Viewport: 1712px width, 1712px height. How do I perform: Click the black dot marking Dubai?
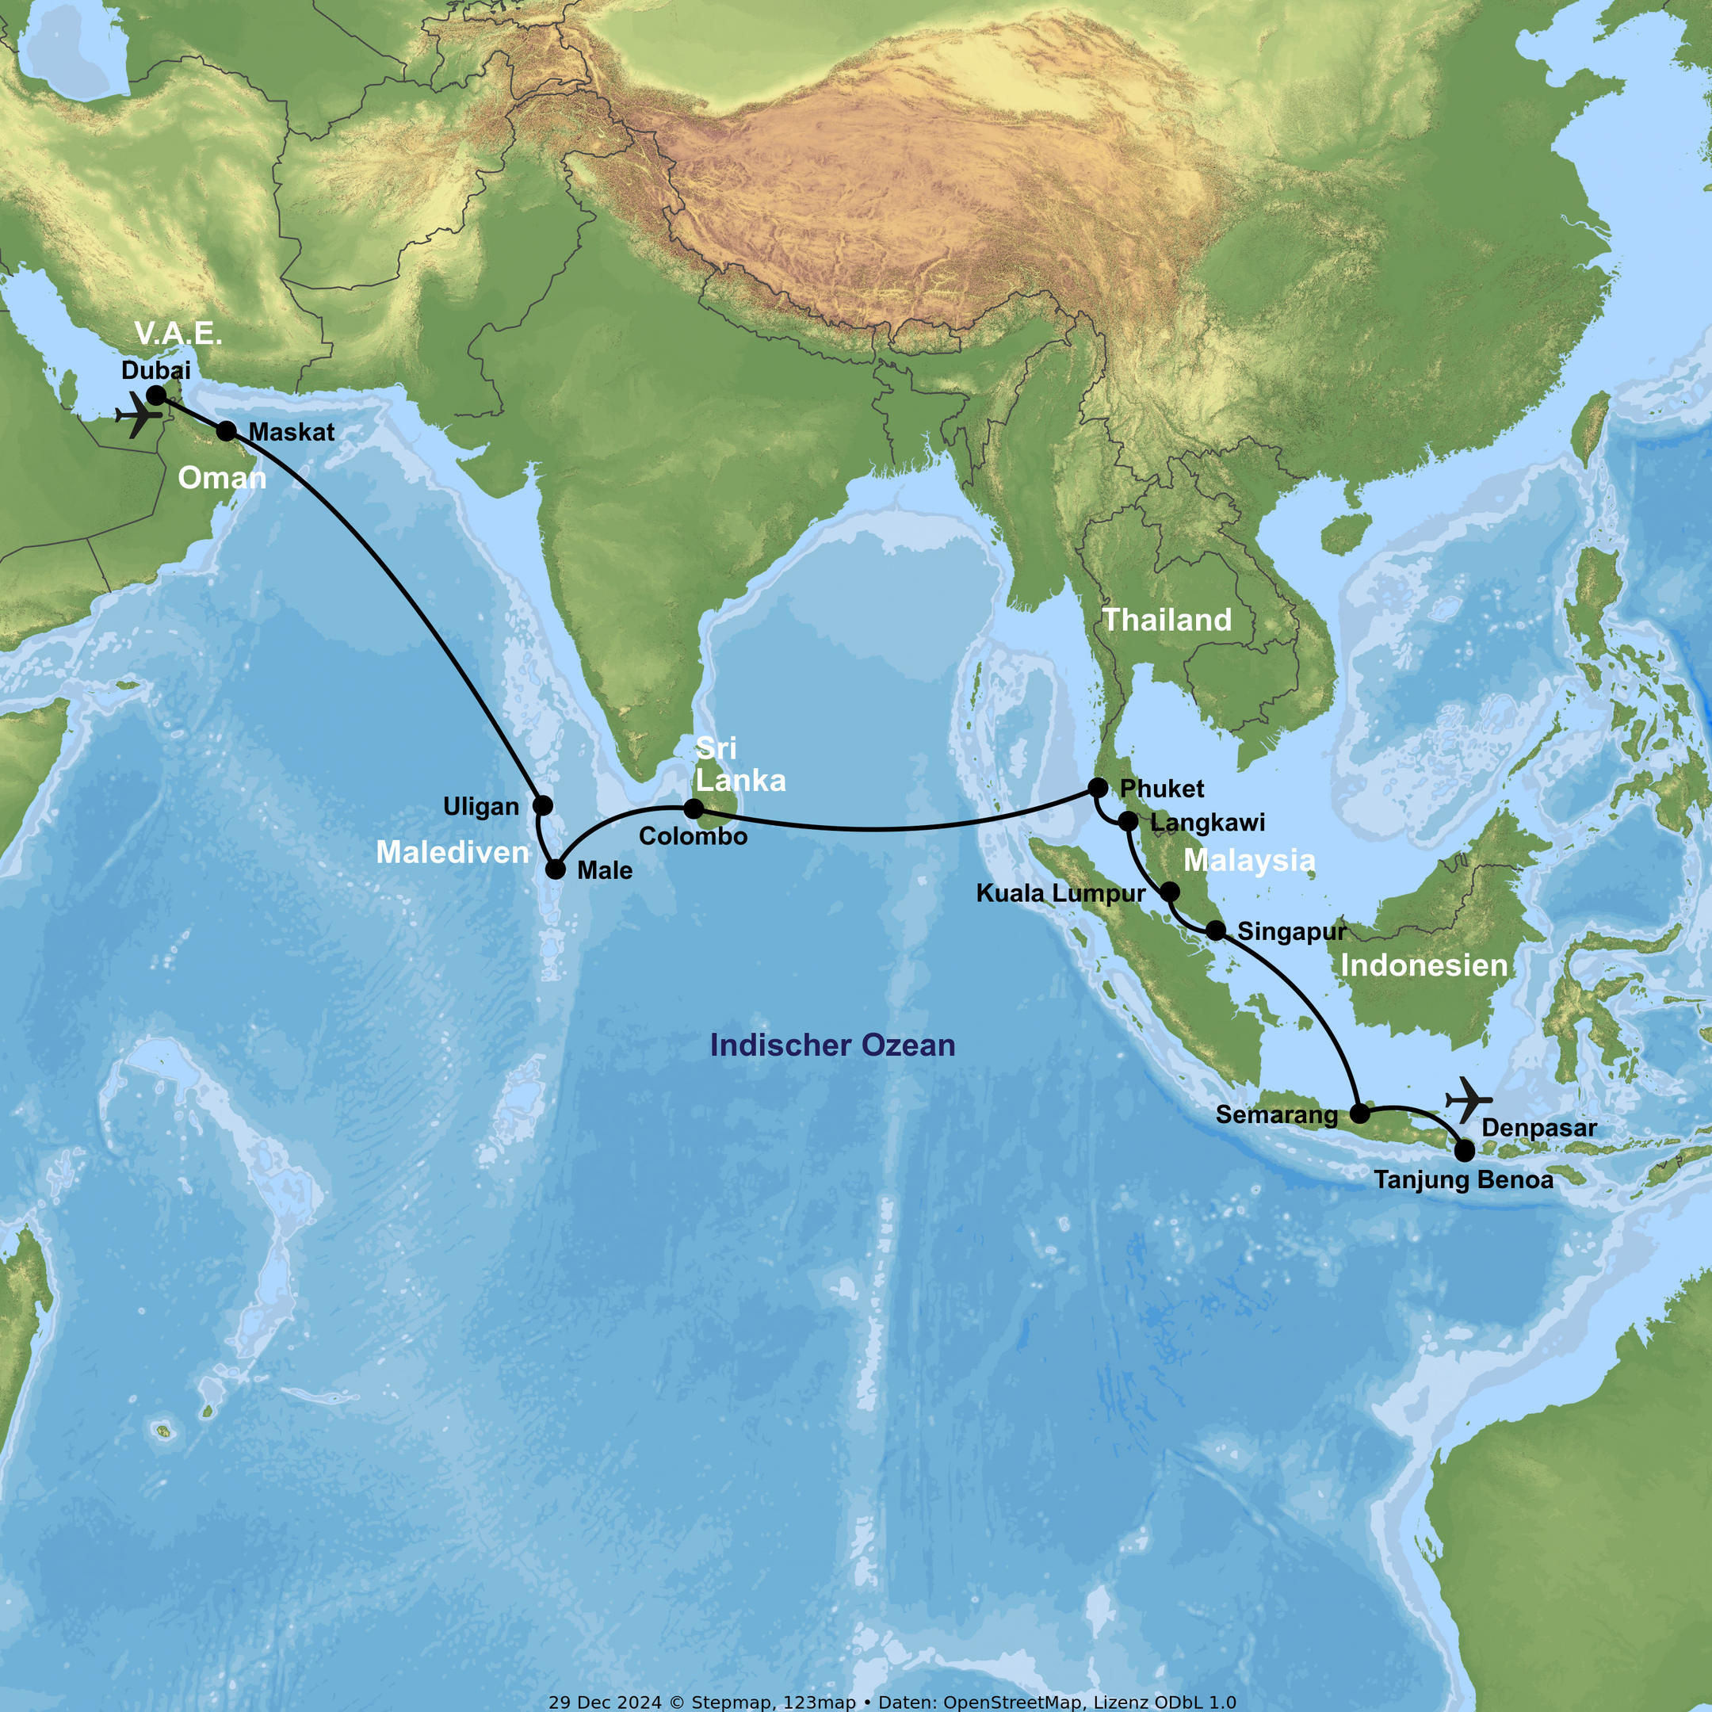click(156, 396)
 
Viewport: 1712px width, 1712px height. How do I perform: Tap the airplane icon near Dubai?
click(138, 415)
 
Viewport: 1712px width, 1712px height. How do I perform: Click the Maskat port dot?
click(227, 431)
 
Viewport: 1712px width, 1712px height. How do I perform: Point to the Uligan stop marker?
click(543, 805)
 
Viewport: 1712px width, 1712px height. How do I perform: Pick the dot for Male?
click(556, 869)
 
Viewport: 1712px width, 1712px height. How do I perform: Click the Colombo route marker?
click(694, 808)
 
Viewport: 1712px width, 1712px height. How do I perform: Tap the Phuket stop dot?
click(1098, 787)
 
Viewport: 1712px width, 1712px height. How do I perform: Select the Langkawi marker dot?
click(1128, 821)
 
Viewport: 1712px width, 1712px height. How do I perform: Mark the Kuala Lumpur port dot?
click(1170, 892)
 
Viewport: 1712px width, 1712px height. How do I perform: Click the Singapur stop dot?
click(1217, 931)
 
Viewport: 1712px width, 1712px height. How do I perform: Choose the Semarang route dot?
click(1359, 1114)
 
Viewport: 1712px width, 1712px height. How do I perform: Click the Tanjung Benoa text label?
click(1464, 1180)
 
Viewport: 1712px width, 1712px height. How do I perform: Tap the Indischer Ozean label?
click(832, 1045)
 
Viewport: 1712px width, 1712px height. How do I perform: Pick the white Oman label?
click(222, 479)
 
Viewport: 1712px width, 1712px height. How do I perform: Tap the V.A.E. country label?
click(178, 334)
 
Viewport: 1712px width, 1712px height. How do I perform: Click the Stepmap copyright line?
click(892, 1702)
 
